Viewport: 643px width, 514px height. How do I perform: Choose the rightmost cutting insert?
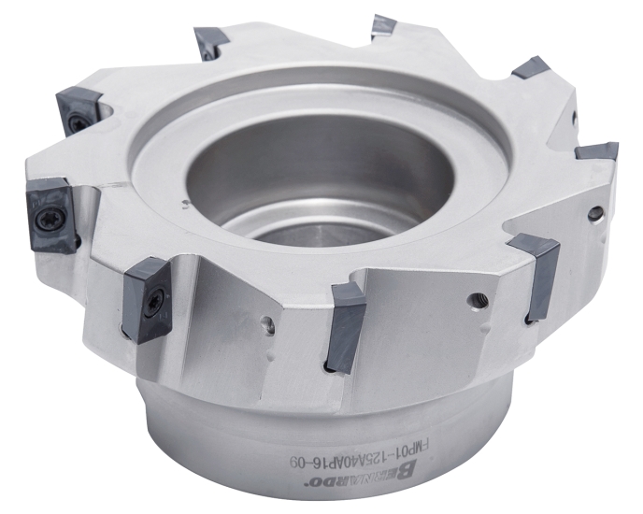[x=596, y=150]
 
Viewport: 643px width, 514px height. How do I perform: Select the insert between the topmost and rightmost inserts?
[x=530, y=67]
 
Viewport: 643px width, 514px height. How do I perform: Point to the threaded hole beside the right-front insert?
[x=479, y=300]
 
